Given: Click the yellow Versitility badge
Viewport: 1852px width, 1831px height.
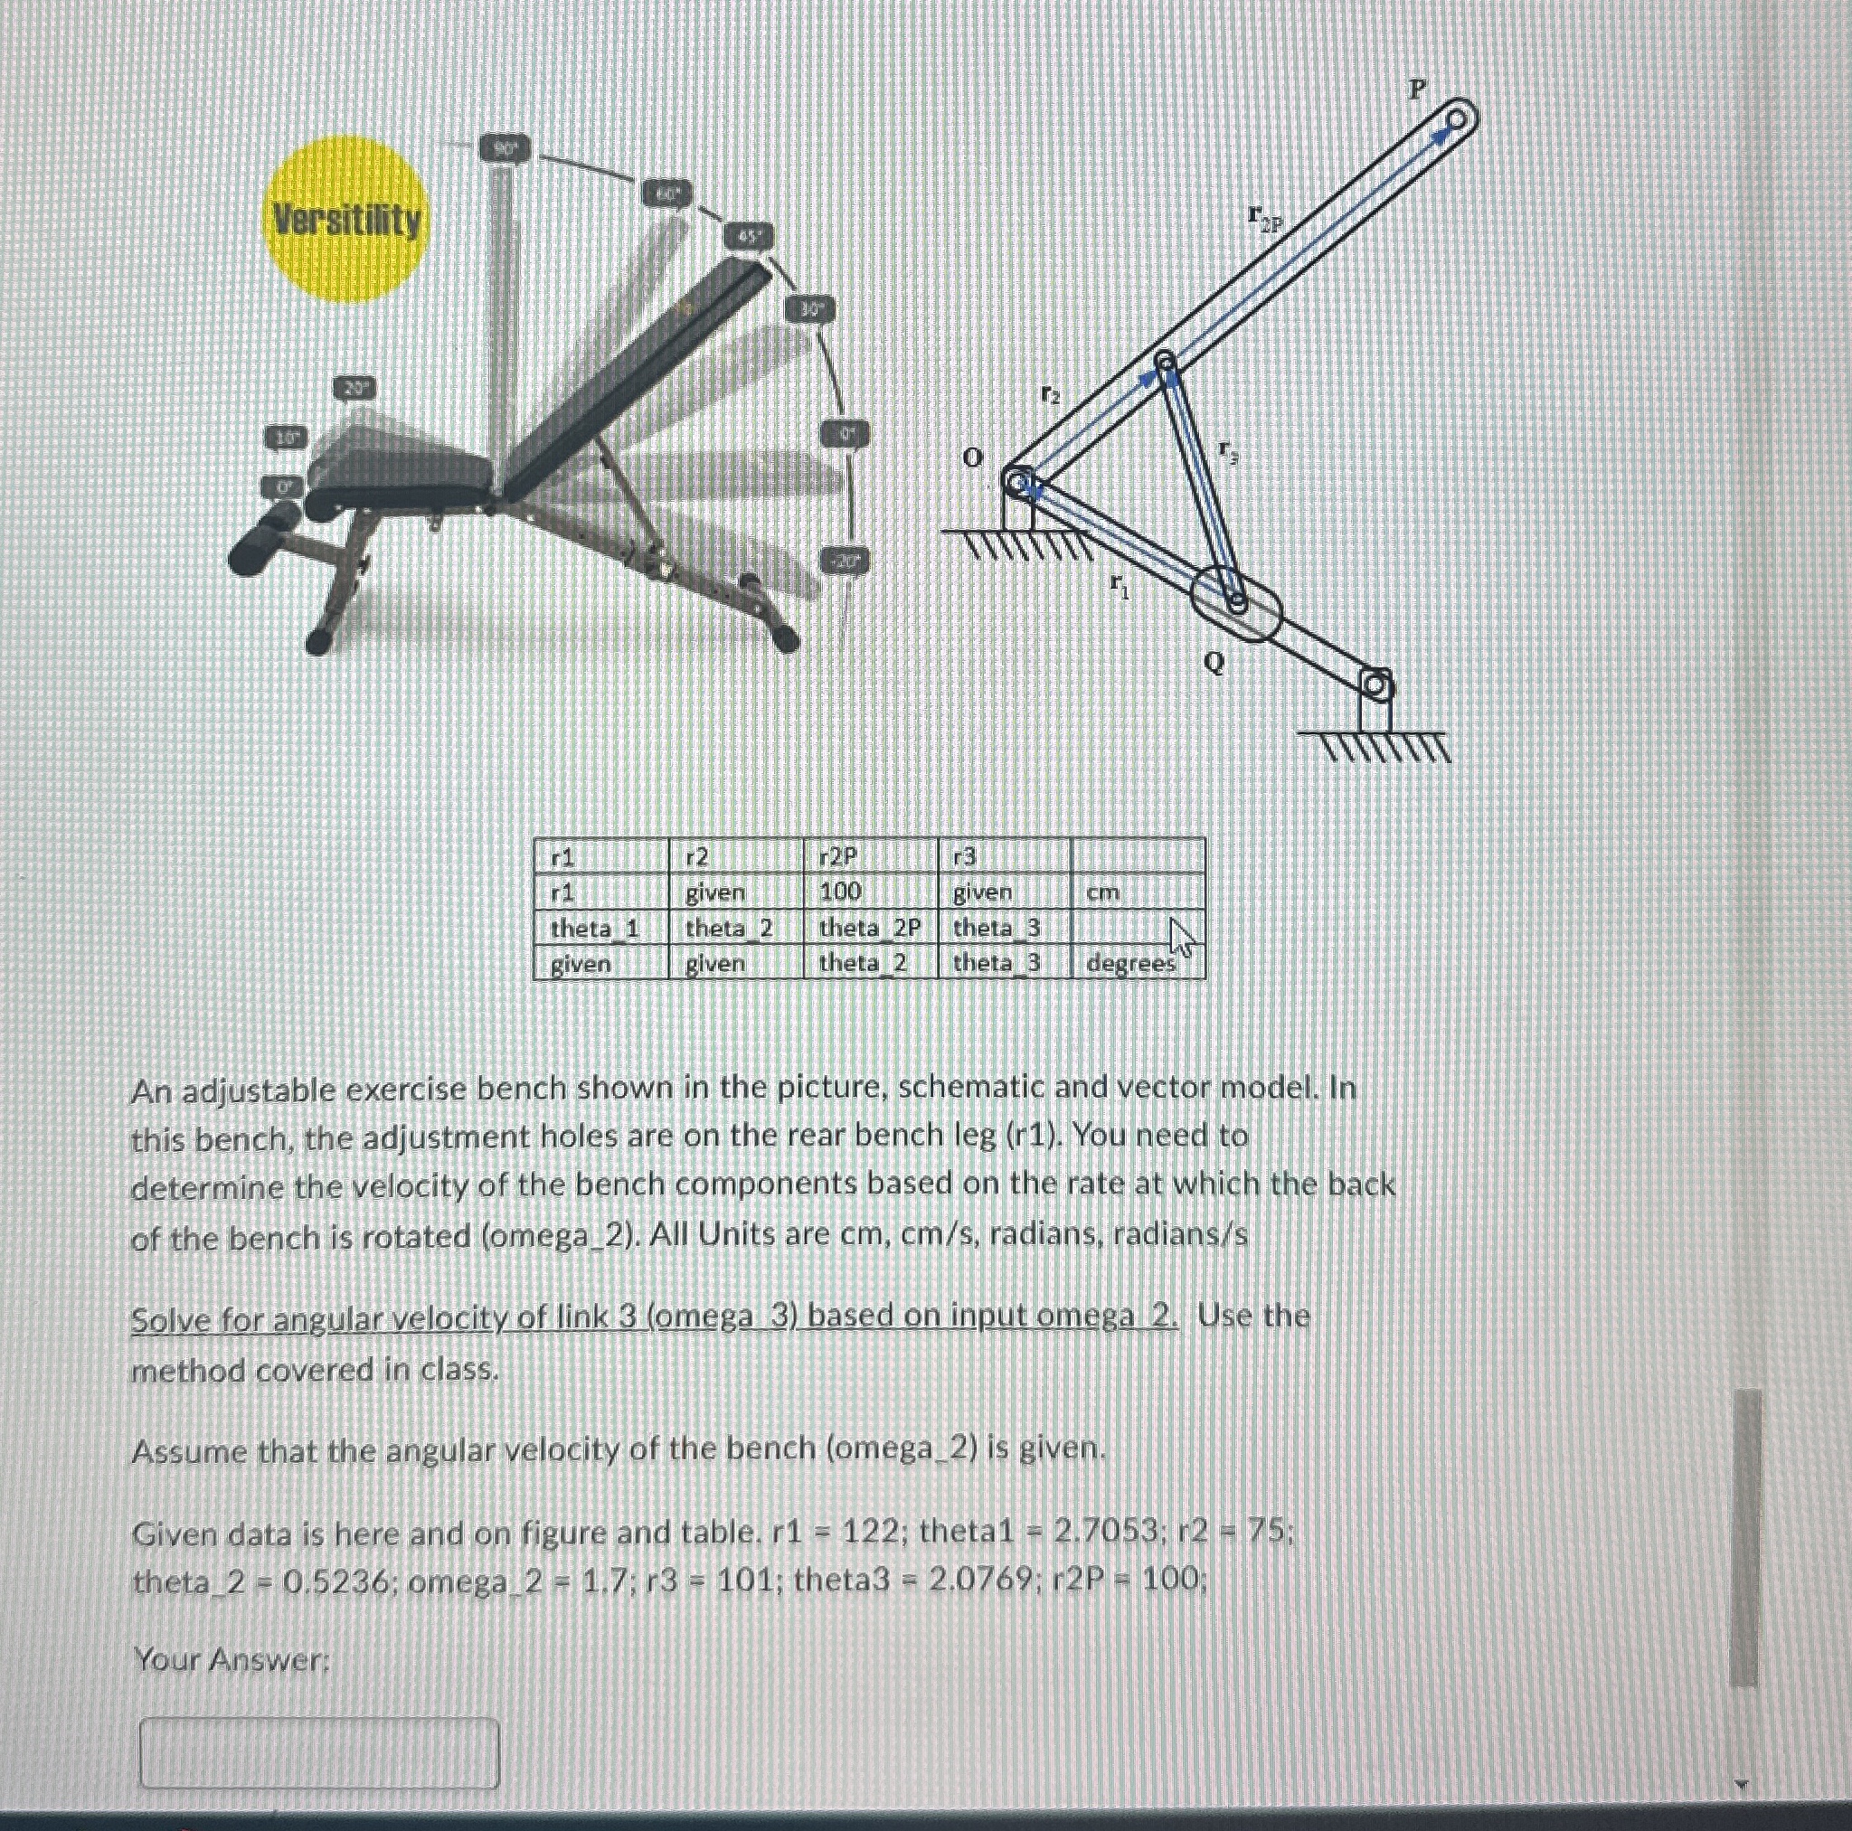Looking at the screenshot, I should pyautogui.click(x=346, y=220).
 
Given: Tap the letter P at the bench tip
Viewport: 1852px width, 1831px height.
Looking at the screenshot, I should pyautogui.click(x=1417, y=90).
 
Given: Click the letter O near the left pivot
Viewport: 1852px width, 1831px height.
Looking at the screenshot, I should pyautogui.click(x=972, y=458).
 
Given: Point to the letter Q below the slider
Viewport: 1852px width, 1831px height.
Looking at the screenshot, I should pyautogui.click(x=1214, y=663).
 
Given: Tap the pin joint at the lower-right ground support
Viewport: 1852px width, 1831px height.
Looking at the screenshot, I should pyautogui.click(x=1375, y=684).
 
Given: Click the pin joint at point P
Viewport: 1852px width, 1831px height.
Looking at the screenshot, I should pyautogui.click(x=1456, y=120).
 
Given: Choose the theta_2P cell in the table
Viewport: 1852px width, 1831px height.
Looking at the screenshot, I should pyautogui.click(x=868, y=928).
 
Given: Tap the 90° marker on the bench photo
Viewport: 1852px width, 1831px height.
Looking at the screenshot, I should pyautogui.click(x=505, y=148).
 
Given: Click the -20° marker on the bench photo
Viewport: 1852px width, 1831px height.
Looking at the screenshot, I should pyautogui.click(x=845, y=562).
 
